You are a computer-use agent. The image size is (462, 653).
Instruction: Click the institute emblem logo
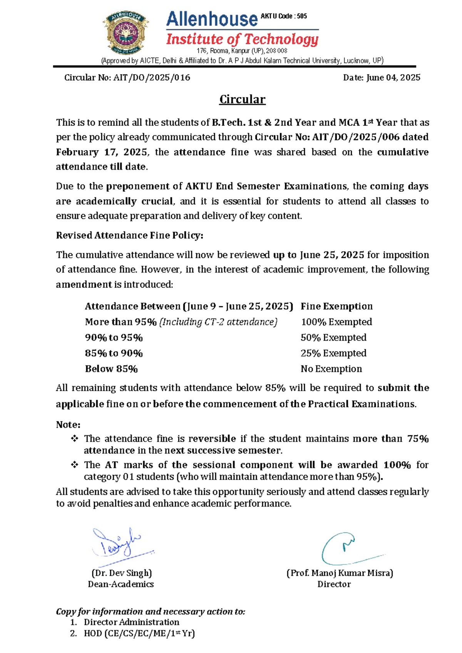click(126, 32)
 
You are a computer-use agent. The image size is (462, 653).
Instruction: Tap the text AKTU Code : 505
click(284, 16)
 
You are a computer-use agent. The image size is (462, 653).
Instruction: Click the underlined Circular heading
click(242, 99)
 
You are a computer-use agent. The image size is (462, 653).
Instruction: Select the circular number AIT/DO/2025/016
click(152, 78)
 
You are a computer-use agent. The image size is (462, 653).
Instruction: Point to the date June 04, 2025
click(393, 78)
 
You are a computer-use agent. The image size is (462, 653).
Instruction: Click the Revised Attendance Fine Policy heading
click(129, 235)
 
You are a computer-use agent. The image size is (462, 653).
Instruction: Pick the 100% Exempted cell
click(336, 322)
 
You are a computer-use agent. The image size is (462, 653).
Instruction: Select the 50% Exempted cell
click(333, 338)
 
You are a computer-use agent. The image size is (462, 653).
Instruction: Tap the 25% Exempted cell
click(333, 353)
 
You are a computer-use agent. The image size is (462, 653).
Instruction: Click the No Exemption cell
click(331, 369)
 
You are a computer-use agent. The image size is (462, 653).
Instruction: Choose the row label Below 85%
click(111, 369)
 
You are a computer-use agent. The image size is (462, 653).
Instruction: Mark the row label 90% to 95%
click(114, 338)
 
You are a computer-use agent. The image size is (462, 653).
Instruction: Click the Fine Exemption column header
click(336, 306)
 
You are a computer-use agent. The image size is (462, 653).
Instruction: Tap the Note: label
click(68, 425)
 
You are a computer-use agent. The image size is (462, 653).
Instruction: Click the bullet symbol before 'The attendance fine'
click(75, 439)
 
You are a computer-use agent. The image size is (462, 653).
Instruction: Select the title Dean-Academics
click(121, 584)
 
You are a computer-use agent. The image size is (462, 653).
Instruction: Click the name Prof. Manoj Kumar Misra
click(340, 573)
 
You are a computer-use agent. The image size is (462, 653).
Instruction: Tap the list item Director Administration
click(131, 622)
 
